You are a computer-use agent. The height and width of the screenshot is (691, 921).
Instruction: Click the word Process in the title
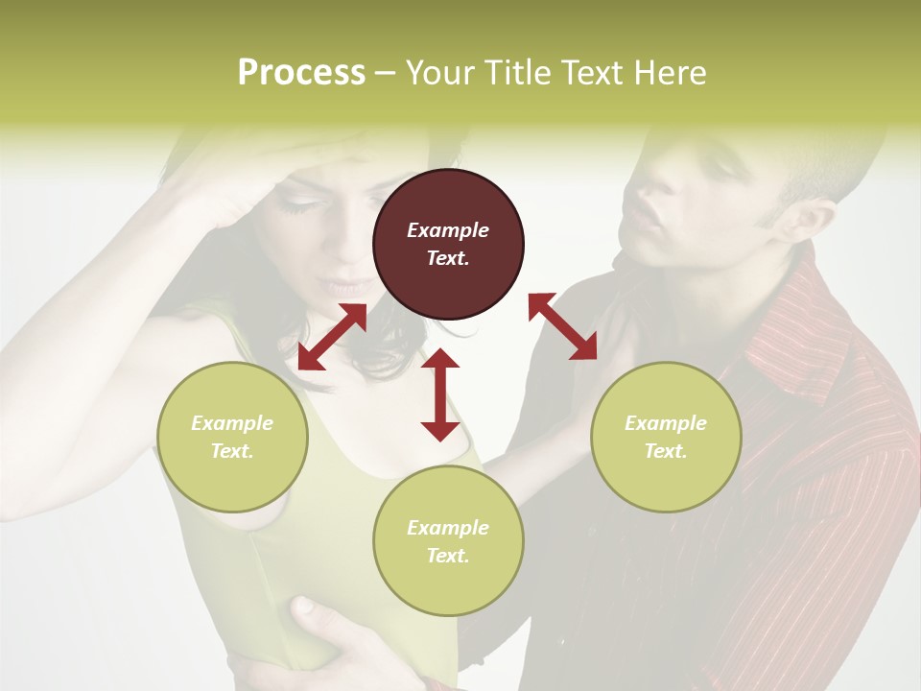301,73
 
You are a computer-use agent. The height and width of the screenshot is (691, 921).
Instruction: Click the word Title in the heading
509,73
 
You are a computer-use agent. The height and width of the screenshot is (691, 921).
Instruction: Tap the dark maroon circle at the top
448,245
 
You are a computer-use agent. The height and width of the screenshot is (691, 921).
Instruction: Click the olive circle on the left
232,437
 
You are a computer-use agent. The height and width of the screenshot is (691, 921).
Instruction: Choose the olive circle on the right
666,437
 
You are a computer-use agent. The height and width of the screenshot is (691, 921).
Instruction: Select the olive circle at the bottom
448,541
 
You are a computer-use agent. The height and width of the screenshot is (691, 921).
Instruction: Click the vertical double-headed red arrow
440,394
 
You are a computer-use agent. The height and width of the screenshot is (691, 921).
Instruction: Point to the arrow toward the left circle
332,337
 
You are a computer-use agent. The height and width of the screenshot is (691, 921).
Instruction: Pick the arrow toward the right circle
562,326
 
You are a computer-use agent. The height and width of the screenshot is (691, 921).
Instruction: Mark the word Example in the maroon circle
448,230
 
